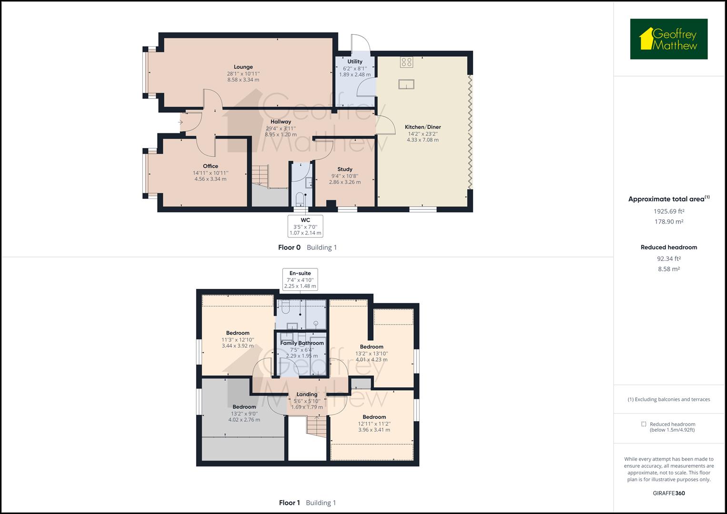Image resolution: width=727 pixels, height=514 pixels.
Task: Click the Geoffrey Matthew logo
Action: [x=668, y=39]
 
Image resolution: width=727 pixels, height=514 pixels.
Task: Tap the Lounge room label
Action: [x=243, y=67]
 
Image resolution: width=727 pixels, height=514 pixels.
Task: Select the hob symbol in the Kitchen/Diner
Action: [x=407, y=61]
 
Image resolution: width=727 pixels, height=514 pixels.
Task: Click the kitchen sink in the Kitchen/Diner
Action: [x=407, y=84]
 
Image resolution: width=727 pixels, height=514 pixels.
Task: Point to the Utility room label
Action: [x=355, y=61]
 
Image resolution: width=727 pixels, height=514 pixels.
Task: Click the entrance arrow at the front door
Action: [x=180, y=122]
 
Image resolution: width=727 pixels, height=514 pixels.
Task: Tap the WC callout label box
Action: [x=305, y=226]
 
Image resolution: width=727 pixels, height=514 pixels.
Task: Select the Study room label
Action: [x=345, y=169]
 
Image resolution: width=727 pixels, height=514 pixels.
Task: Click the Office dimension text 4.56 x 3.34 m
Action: [x=210, y=179]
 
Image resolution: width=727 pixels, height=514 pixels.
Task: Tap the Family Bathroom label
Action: [x=302, y=343]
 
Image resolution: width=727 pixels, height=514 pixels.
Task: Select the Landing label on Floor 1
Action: [x=307, y=395]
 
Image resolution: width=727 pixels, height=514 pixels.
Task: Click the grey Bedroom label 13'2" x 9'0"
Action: [x=244, y=407]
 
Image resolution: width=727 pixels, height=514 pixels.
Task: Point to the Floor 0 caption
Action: [x=289, y=247]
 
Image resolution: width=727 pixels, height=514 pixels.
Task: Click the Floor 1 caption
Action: [x=289, y=503]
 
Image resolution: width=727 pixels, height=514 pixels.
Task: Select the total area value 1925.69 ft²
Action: [x=668, y=211]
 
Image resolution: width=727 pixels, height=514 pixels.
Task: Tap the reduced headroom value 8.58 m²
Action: [x=668, y=269]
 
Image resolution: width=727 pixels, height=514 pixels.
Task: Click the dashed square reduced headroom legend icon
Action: [x=644, y=424]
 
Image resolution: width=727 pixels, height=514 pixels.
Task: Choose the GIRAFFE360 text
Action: [x=668, y=493]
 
